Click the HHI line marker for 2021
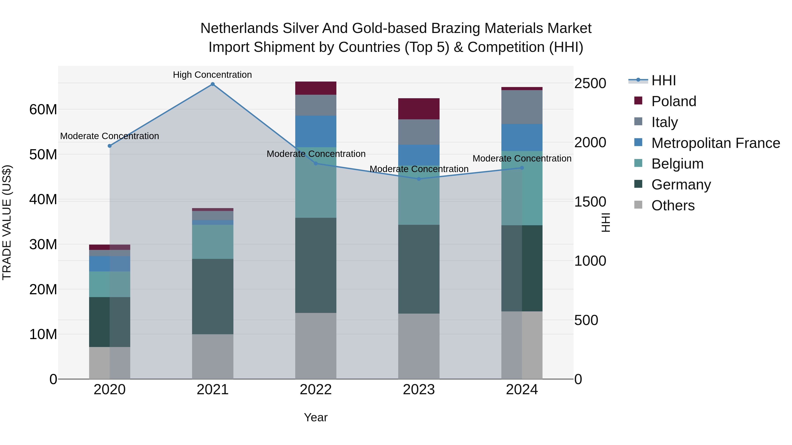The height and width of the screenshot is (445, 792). click(213, 84)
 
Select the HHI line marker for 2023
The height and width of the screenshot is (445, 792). click(419, 179)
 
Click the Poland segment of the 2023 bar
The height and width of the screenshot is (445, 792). click(419, 109)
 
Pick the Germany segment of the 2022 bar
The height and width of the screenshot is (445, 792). click(316, 265)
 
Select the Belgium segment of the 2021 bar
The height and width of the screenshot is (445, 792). click(213, 242)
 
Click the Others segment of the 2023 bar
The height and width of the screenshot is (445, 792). click(419, 346)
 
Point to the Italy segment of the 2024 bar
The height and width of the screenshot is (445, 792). click(522, 107)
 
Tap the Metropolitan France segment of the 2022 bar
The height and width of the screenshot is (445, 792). click(316, 131)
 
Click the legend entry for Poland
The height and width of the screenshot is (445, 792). click(673, 101)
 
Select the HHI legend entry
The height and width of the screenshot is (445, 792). click(663, 80)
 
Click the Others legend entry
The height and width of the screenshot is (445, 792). click(673, 205)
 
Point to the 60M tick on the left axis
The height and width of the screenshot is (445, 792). click(43, 110)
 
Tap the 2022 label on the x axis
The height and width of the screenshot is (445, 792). click(316, 390)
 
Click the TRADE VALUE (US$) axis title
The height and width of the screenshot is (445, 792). click(7, 222)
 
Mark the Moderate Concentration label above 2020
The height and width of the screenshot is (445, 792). click(110, 136)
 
